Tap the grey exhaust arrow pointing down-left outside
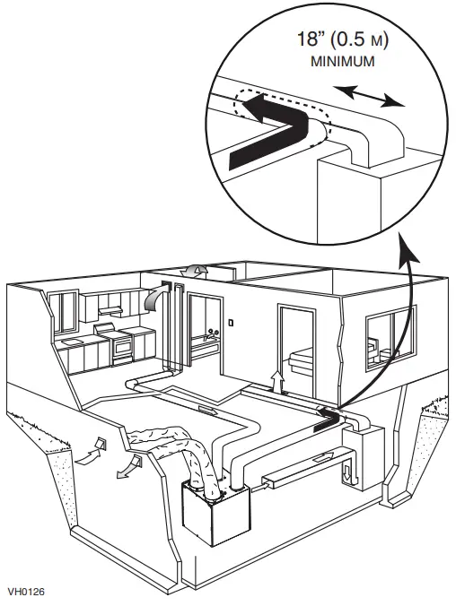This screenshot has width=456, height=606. click(125, 467)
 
